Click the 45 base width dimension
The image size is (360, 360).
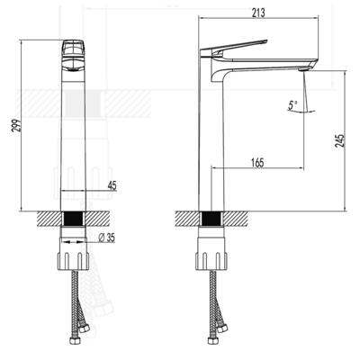click(x=112, y=186)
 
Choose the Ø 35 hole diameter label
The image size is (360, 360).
click(x=106, y=238)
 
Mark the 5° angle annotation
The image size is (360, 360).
click(x=292, y=105)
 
